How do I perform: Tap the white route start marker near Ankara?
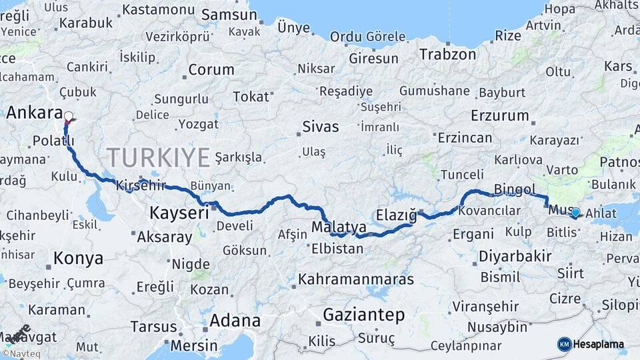point(68,116)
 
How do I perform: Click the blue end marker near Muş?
point(575,213)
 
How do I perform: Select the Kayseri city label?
point(179,213)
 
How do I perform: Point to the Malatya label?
point(339,227)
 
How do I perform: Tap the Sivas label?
point(320,126)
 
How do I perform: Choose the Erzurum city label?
point(499,115)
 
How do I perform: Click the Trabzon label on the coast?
point(447,55)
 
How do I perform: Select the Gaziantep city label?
point(363,314)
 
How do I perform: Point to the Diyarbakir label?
point(515,256)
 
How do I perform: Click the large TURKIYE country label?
point(159,157)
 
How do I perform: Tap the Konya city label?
point(78,258)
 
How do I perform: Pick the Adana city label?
point(235,320)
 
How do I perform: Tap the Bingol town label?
point(515,189)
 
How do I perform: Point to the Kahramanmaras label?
point(355,279)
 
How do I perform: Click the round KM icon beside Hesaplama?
point(564,345)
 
